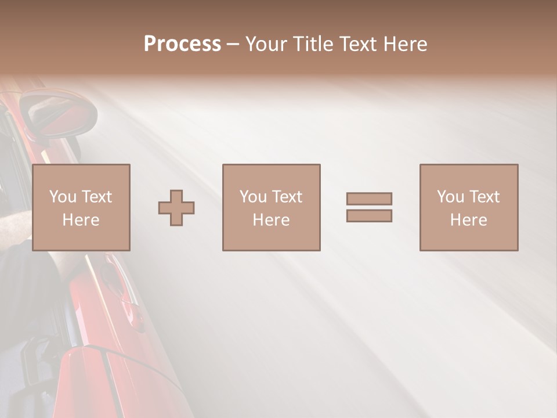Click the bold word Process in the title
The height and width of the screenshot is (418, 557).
182,44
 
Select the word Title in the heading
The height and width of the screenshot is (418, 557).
314,44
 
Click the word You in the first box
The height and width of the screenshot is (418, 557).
63,197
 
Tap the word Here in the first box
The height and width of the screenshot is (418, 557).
81,220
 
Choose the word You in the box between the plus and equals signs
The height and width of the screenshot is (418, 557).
253,197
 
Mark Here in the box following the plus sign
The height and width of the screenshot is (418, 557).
271,220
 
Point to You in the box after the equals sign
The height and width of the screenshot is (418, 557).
450,197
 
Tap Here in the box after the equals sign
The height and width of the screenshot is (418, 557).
468,220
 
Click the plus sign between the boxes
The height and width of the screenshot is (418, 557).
176,207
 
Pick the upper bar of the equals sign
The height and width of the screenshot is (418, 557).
369,199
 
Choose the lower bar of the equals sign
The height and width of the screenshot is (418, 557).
369,215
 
